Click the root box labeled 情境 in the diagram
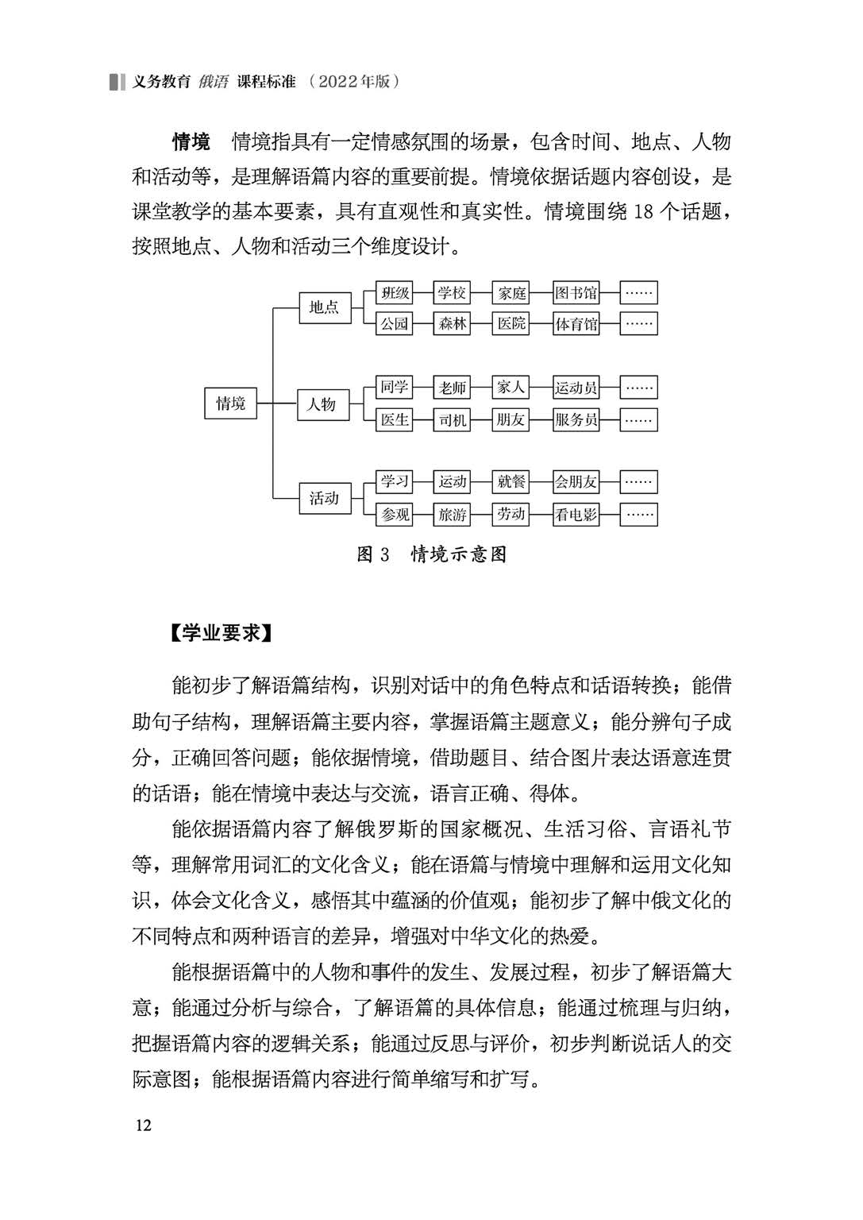(230, 403)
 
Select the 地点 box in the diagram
(324, 307)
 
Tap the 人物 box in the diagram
(322, 404)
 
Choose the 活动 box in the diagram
(324, 499)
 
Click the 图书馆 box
(576, 293)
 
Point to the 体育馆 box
(576, 324)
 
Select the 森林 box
(453, 324)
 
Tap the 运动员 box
(576, 388)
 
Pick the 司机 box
(453, 420)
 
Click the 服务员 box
(576, 420)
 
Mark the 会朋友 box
(576, 481)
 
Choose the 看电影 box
(576, 515)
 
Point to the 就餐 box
(511, 481)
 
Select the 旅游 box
(453, 515)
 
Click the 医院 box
(511, 324)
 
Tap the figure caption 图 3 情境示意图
(431, 554)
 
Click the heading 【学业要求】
(222, 634)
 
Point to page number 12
(144, 1125)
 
